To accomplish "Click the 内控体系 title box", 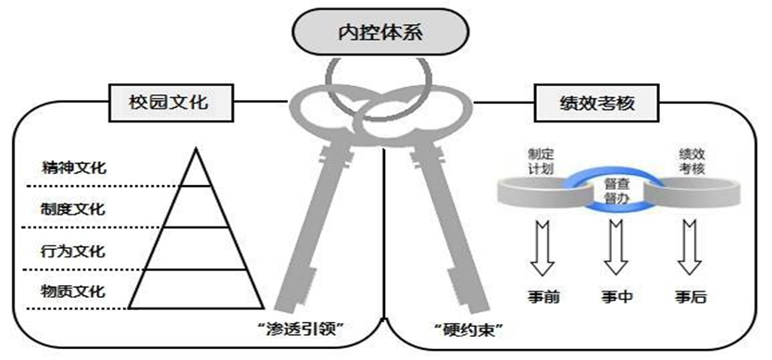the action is coord(380,31).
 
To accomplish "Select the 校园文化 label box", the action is coord(171,103).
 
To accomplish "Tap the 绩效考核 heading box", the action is coord(597,103).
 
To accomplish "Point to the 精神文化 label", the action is coord(73,167).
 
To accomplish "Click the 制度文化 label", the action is coord(72,208).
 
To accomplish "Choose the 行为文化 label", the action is coord(72,251).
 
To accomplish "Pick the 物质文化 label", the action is coord(72,291).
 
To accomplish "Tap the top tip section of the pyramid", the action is coord(195,170).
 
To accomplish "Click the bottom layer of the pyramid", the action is coord(196,290).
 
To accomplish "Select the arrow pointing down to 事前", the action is coord(542,248).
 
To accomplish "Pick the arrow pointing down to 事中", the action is coord(616,248).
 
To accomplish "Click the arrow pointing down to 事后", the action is coord(690,248).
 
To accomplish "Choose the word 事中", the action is coord(616,297).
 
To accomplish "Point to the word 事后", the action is coord(691,297).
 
